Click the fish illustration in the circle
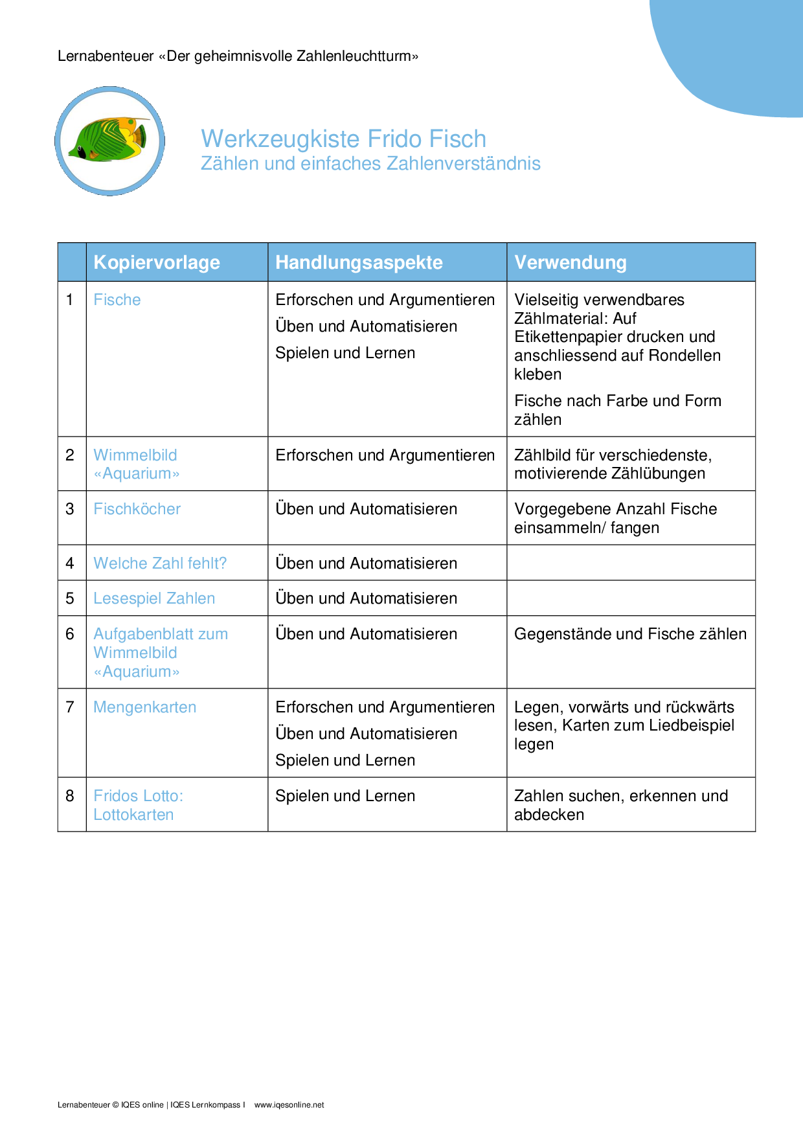[x=110, y=140]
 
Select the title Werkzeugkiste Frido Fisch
[x=343, y=139]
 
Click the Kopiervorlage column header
[x=157, y=262]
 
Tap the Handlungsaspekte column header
[x=359, y=262]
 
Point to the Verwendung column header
[x=570, y=262]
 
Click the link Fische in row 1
[x=117, y=300]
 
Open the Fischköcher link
[x=137, y=509]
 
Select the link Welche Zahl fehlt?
[x=160, y=563]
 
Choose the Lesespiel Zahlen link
[x=154, y=598]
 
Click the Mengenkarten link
[x=144, y=707]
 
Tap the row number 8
[x=70, y=796]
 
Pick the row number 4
[x=70, y=563]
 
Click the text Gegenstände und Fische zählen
[x=630, y=634]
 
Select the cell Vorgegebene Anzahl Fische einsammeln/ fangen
[x=615, y=518]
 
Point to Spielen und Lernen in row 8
[x=345, y=796]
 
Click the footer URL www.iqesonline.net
[x=289, y=1105]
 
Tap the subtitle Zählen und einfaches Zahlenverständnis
[x=370, y=164]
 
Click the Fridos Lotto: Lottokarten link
[x=138, y=805]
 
